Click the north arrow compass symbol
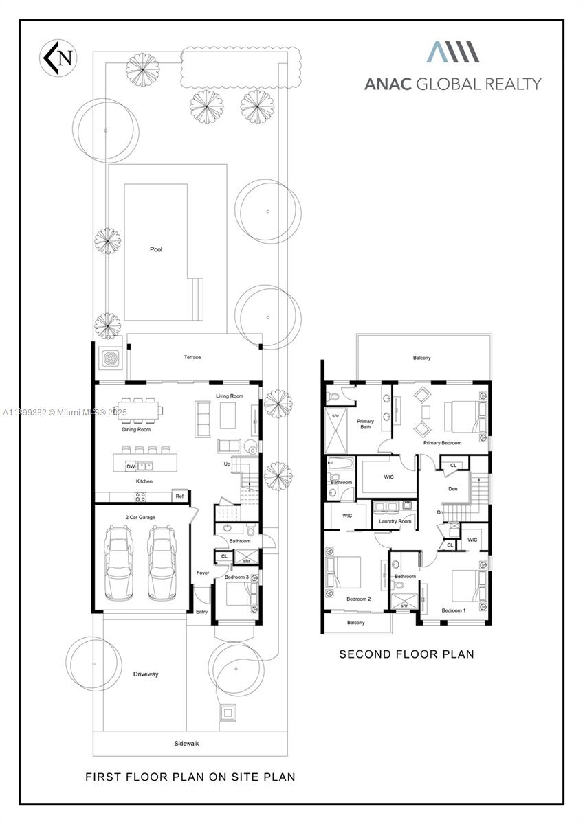[59, 58]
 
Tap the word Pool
[156, 249]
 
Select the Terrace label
[192, 357]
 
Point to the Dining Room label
[136, 429]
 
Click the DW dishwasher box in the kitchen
[131, 466]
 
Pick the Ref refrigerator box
[179, 496]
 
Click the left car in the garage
[118, 562]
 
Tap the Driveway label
[146, 674]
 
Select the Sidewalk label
[186, 743]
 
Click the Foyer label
[202, 572]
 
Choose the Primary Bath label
[365, 424]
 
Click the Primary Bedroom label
[442, 443]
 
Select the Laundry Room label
[395, 521]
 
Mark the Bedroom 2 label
[358, 599]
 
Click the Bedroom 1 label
[453, 610]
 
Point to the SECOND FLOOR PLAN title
[406, 654]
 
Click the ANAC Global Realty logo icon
[452, 52]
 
